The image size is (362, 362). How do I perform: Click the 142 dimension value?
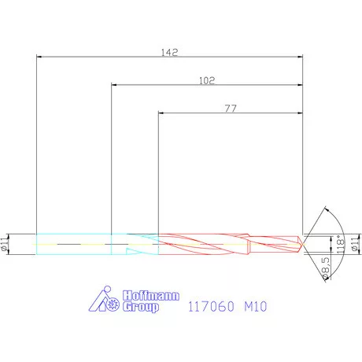[x=169, y=52]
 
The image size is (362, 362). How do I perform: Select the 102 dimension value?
[x=208, y=80]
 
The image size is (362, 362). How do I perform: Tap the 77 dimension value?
[x=231, y=108]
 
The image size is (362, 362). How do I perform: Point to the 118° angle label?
[x=339, y=244]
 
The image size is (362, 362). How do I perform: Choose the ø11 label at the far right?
[x=355, y=243]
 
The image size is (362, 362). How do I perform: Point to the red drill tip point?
[x=304, y=243]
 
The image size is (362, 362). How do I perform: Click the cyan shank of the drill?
[x=75, y=243]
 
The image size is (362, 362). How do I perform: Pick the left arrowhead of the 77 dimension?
[x=162, y=113]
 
